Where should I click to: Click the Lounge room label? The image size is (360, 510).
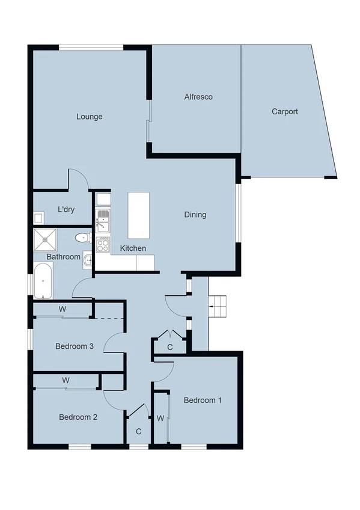pos(89,117)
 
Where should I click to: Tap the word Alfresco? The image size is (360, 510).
pos(198,97)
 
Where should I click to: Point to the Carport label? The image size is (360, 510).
pos(284,111)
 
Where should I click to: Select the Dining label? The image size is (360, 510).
pos(195,215)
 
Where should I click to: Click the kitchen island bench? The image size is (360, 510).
pos(138,215)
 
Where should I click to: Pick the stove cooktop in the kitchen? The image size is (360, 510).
pos(103,244)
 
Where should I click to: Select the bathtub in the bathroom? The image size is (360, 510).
pos(43,281)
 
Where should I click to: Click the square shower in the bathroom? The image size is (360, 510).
pos(46,241)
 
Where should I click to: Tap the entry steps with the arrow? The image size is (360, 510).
pos(218,307)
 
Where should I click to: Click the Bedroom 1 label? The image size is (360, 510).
pos(203,401)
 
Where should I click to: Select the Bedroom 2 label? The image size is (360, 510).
pos(78,417)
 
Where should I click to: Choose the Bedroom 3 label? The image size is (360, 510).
pos(75,346)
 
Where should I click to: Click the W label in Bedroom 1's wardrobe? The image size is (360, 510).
pos(160,418)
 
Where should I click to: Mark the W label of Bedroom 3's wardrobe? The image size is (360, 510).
pos(62,310)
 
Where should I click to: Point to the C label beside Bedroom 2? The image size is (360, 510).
pos(138,431)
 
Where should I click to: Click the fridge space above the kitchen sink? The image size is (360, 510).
pos(103,199)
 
